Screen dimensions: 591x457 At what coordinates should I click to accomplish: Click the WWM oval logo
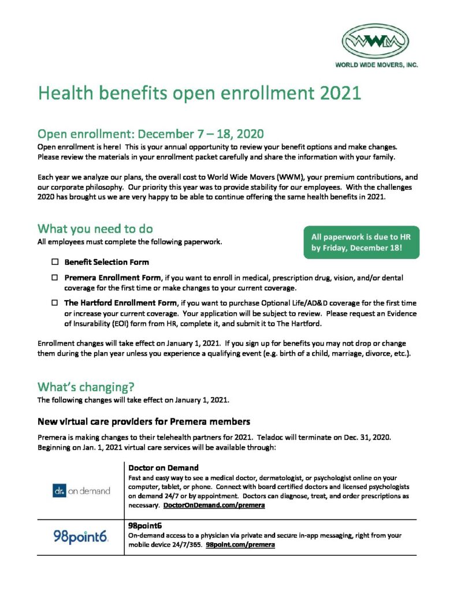tap(375, 40)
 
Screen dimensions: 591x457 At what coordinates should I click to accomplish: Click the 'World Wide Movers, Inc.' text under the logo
tap(376, 65)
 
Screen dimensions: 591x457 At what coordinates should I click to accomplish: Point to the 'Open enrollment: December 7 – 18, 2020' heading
tap(151, 134)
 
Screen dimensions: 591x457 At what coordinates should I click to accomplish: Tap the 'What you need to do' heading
tap(95, 229)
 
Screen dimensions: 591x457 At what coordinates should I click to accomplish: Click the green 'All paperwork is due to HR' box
tap(361, 242)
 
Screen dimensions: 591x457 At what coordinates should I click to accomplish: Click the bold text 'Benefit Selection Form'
tap(106, 262)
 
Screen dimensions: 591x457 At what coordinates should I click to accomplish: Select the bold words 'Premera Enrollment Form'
tap(112, 278)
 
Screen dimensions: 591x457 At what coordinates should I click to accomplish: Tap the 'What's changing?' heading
tap(86, 386)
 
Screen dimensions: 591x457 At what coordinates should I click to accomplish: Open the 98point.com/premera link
tap(240, 544)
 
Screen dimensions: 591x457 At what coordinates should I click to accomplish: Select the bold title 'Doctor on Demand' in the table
tap(164, 467)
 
